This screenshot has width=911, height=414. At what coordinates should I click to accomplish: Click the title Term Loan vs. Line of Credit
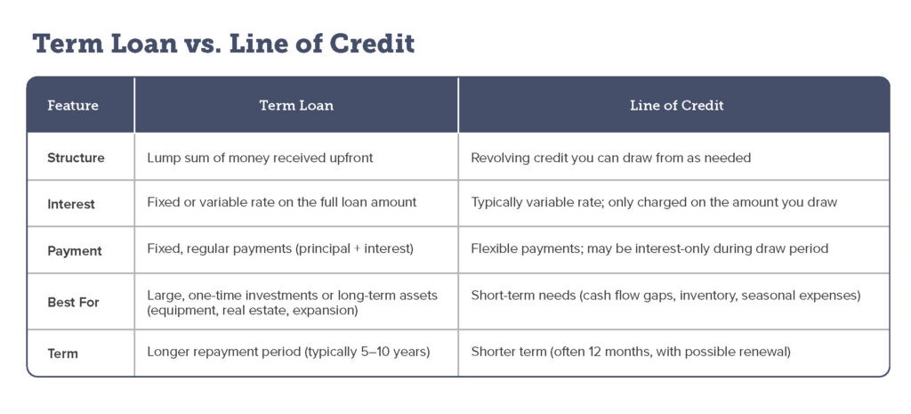(223, 45)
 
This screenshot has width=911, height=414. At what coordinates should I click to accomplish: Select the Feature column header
(73, 106)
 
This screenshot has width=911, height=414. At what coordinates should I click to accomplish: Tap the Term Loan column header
(296, 106)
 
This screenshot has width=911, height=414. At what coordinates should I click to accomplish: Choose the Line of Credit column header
(677, 106)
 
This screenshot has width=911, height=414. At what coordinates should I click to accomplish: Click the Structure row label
(76, 158)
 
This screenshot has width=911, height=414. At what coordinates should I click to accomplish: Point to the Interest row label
(71, 205)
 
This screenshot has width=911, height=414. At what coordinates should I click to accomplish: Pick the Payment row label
(75, 251)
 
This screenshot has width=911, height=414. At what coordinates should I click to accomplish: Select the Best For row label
(73, 303)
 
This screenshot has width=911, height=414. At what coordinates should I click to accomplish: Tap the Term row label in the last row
(62, 353)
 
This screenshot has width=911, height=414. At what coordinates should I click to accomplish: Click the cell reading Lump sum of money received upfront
(261, 158)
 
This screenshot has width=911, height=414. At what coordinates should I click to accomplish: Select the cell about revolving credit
(610, 158)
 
